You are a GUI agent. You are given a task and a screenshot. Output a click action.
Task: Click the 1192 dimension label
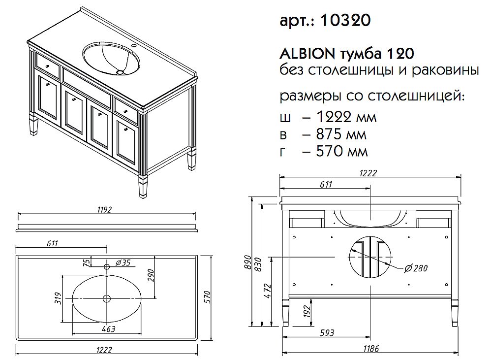(x=105, y=209)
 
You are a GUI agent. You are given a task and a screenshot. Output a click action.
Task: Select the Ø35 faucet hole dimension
(x=123, y=262)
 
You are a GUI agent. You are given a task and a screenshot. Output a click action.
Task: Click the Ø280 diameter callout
(x=416, y=268)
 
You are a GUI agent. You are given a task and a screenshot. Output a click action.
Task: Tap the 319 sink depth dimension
(x=58, y=298)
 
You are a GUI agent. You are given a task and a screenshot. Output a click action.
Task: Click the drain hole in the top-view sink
(x=107, y=298)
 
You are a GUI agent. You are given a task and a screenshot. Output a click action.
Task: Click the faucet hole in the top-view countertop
(x=107, y=266)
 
